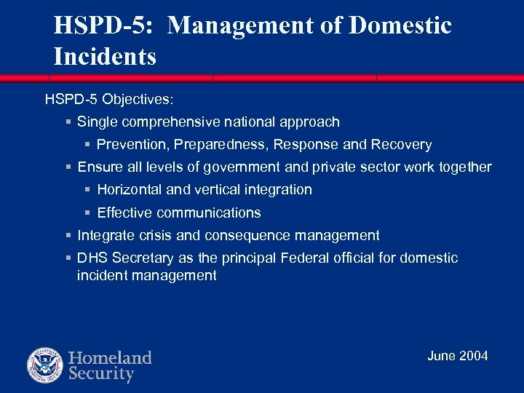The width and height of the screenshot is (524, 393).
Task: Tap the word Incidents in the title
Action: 105,57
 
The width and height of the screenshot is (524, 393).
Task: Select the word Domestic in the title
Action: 401,26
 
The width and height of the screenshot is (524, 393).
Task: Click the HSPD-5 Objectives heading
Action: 109,98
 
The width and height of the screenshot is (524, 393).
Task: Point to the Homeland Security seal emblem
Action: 45,365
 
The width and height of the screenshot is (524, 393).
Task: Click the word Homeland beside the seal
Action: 110,358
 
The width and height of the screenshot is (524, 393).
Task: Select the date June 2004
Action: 457,356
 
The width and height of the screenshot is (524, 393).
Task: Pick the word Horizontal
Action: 130,190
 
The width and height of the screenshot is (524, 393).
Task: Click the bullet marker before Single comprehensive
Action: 68,122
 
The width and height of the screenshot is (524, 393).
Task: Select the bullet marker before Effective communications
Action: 87,213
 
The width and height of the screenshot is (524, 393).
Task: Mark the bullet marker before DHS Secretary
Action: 68,258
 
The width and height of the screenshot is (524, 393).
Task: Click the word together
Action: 465,167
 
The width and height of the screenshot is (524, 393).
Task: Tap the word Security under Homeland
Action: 101,375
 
